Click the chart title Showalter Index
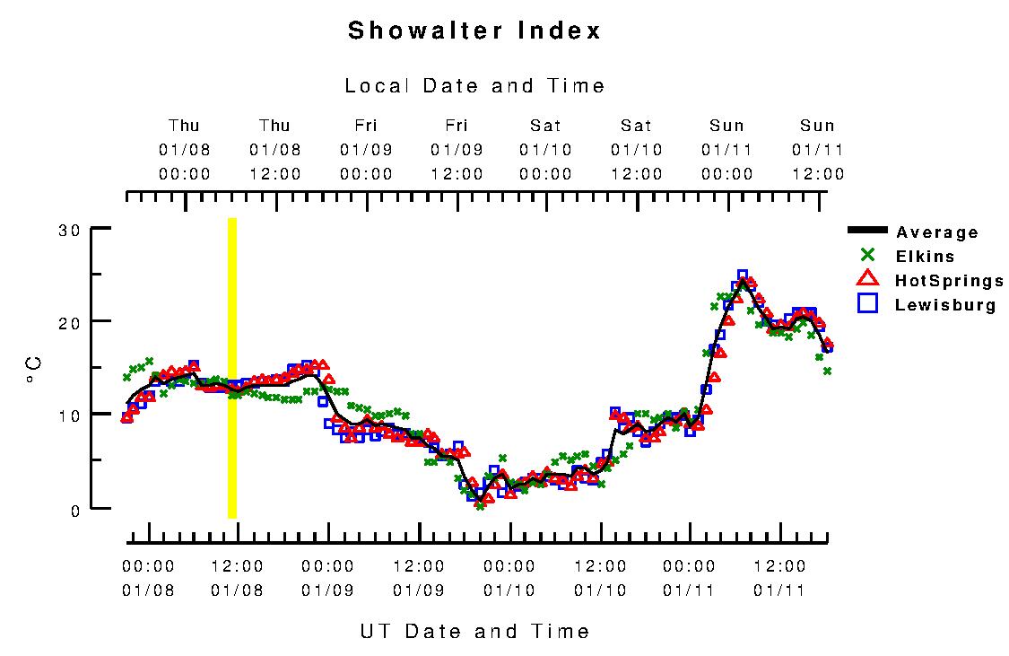click(474, 31)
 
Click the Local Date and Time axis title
click(474, 86)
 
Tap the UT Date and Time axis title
click(474, 631)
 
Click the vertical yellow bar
click(232, 368)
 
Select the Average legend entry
click(937, 232)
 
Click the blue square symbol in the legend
click(867, 304)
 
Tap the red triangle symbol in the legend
click(867, 280)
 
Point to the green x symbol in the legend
click(867, 256)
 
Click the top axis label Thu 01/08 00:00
click(185, 150)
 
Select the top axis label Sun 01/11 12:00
click(817, 150)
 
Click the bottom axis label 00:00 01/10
click(509, 578)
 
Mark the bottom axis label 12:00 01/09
click(419, 578)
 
